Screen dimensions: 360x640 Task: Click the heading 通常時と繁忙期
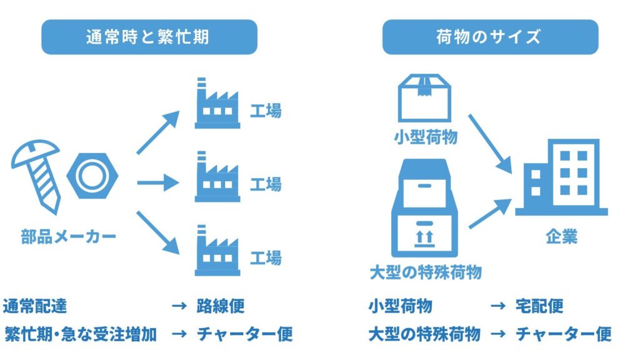(148, 37)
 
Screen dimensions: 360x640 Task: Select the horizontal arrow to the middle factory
(157, 183)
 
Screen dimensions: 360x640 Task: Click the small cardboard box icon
(425, 97)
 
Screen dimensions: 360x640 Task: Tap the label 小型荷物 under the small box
(425, 137)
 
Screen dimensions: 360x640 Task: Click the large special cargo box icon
(425, 209)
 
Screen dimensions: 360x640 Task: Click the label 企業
(561, 237)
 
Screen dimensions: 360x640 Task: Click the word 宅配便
(539, 306)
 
